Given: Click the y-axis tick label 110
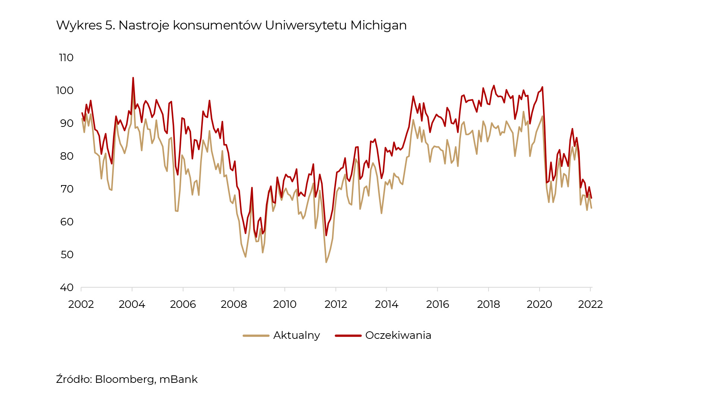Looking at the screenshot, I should pyautogui.click(x=66, y=58).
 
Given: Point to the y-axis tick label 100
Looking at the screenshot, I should pyautogui.click(x=65, y=91).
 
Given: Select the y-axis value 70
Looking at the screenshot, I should pyautogui.click(x=67, y=189).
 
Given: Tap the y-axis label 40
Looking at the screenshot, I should pyautogui.click(x=67, y=288).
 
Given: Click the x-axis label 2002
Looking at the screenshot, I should pyautogui.click(x=81, y=304).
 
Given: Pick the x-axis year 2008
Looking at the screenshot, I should pyautogui.click(x=234, y=304).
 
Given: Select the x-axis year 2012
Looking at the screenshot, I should pyautogui.click(x=336, y=304).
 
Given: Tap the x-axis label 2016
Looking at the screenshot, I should pyautogui.click(x=437, y=304).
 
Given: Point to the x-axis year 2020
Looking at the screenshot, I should pyautogui.click(x=539, y=304).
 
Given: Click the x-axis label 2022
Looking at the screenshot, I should pyautogui.click(x=590, y=304).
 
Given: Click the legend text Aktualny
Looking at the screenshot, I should pyautogui.click(x=296, y=335).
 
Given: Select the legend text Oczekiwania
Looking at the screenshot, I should pyautogui.click(x=398, y=335).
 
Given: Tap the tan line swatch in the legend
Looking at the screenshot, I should pyautogui.click(x=256, y=336).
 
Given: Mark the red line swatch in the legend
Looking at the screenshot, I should pyautogui.click(x=348, y=336).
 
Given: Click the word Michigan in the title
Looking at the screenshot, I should pyautogui.click(x=379, y=25).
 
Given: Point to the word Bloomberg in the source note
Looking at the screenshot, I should pyautogui.click(x=125, y=379).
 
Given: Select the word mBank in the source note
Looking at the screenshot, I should pyautogui.click(x=178, y=379).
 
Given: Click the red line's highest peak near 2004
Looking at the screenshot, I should pyautogui.click(x=133, y=78).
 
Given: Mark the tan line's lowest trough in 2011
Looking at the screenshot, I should pyautogui.click(x=326, y=262).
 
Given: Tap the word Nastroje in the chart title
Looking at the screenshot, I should pyautogui.click(x=144, y=25).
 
